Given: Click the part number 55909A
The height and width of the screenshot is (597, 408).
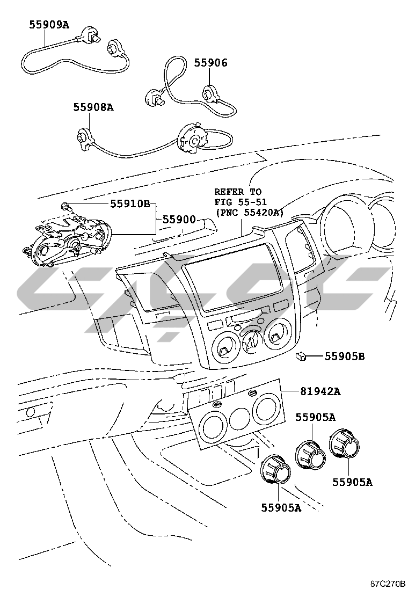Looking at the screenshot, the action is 49,25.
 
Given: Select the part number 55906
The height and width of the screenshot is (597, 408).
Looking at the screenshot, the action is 210,63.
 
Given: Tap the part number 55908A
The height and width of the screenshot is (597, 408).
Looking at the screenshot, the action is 93,108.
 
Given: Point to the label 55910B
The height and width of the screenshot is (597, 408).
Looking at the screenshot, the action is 130,204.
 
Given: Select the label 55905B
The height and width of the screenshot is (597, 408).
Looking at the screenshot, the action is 345,356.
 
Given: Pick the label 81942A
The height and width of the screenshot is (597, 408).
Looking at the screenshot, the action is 320,391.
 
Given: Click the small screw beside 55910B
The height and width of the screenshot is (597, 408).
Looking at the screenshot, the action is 65,207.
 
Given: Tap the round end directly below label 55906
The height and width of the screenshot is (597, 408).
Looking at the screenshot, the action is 209,93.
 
